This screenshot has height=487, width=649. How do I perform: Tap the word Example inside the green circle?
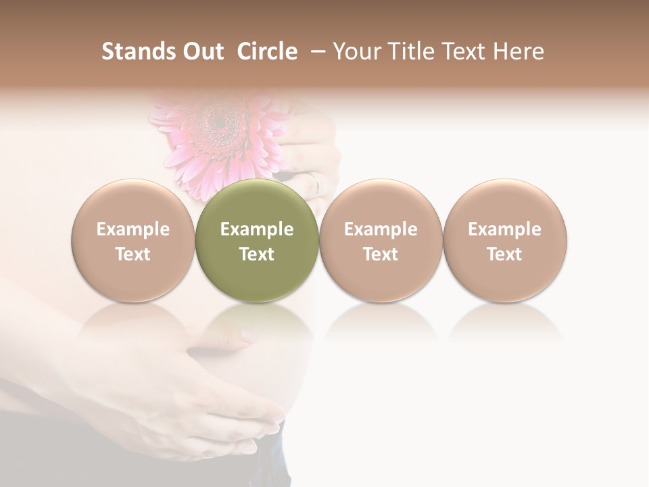[x=257, y=229]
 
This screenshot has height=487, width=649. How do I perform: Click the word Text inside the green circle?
[x=257, y=254]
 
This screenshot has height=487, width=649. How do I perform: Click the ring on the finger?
[x=313, y=181]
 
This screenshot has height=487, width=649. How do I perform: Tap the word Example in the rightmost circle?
[x=504, y=229]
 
